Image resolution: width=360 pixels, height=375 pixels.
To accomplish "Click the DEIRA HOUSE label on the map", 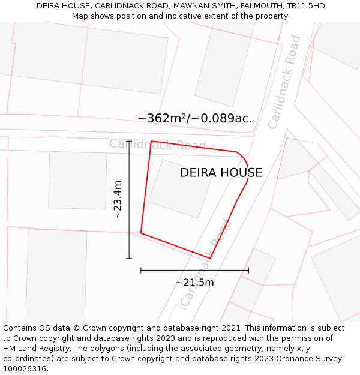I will [x=221, y=173].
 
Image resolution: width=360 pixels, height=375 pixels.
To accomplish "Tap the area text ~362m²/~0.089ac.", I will [x=194, y=118].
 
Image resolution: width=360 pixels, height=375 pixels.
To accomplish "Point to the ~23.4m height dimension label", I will [x=118, y=199].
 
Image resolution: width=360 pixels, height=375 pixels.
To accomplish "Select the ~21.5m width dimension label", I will [x=194, y=282].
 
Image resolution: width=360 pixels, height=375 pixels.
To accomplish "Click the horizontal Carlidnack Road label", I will [x=157, y=145].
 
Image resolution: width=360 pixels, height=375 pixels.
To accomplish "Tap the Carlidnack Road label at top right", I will [x=284, y=82].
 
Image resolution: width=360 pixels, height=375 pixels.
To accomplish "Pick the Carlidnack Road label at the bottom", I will [x=206, y=262].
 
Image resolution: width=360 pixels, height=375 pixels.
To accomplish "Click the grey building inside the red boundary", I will [x=180, y=188].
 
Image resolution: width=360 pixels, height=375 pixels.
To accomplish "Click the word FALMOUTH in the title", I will [x=239, y=6].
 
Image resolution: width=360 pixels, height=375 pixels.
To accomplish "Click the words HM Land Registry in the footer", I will [x=35, y=348].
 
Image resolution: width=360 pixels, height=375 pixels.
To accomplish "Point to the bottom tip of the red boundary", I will [x=210, y=258].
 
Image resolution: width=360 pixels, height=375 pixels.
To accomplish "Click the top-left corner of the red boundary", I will [x=151, y=142].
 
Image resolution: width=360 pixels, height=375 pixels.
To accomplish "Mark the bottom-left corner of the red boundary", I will [x=141, y=233].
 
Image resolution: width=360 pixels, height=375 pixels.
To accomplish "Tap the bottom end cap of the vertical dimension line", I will [x=129, y=258].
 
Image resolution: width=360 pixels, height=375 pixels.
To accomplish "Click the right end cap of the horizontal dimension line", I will [x=248, y=270].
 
